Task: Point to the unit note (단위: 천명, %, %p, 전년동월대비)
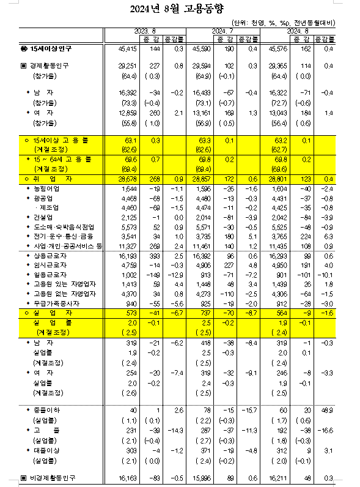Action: [x=293, y=23]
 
